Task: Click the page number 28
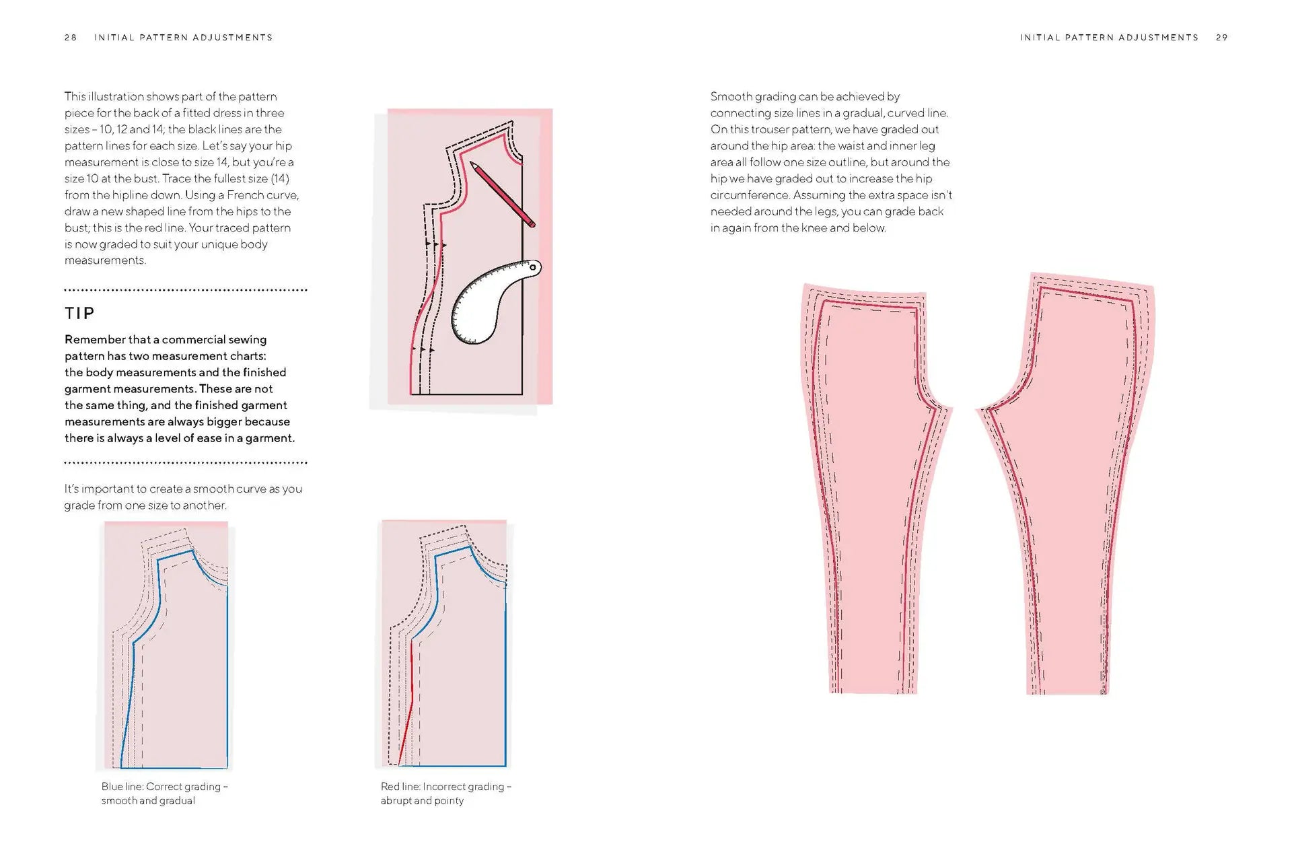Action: coord(71,38)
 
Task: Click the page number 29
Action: coord(1222,38)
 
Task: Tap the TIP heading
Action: coord(79,313)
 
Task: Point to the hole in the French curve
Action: coord(534,268)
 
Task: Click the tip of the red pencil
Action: coord(472,164)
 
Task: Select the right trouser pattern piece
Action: coord(1077,485)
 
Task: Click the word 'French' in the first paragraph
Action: coord(246,195)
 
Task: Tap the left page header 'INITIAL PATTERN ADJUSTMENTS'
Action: coord(183,38)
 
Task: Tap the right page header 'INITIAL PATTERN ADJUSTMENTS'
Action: coord(1109,38)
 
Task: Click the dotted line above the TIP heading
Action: coord(186,290)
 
